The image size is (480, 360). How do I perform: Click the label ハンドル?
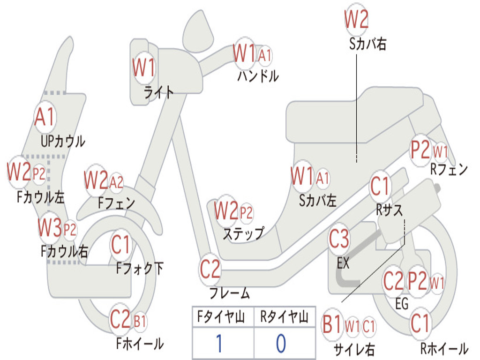click(258, 75)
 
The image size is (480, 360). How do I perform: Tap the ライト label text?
click(159, 92)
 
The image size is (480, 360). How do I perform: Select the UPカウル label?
click(63, 142)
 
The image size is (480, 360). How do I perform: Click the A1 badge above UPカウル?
click(45, 117)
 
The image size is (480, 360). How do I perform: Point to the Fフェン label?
click(116, 202)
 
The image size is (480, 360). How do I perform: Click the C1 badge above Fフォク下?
click(120, 245)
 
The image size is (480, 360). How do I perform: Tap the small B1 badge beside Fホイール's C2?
click(140, 322)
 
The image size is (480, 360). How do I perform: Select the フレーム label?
click(230, 293)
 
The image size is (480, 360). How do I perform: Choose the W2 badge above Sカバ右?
click(356, 19)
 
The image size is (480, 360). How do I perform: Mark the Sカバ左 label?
click(318, 201)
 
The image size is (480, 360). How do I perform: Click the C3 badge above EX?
click(339, 239)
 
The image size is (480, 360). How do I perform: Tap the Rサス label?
click(389, 210)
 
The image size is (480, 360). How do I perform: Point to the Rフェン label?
click(449, 169)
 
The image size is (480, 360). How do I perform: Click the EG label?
click(402, 304)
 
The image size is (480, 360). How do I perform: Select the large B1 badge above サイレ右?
click(332, 324)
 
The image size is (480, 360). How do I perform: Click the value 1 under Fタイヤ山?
click(219, 343)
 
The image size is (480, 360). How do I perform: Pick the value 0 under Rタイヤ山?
click(281, 343)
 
